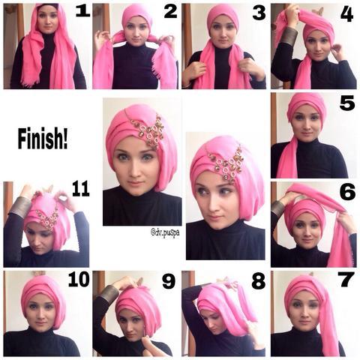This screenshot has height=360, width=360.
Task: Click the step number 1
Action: (x=82, y=11)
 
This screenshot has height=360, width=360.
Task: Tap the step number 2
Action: (x=170, y=12)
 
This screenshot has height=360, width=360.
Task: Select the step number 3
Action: (x=259, y=13)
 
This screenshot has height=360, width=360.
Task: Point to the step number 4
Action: (x=346, y=15)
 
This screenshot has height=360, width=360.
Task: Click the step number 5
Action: (x=347, y=103)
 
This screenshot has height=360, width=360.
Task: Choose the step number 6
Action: (x=347, y=193)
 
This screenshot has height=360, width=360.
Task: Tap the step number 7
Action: (x=346, y=280)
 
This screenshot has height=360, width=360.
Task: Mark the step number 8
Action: (x=258, y=281)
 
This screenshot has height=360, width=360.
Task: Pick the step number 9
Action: (x=169, y=281)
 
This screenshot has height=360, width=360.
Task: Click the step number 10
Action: (x=79, y=279)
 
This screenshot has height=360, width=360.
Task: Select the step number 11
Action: (x=81, y=189)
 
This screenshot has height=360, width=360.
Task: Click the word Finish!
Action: (x=43, y=138)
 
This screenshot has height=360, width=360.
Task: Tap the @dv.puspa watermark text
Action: (x=165, y=232)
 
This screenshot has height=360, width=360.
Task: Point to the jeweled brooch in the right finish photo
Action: (x=226, y=163)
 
